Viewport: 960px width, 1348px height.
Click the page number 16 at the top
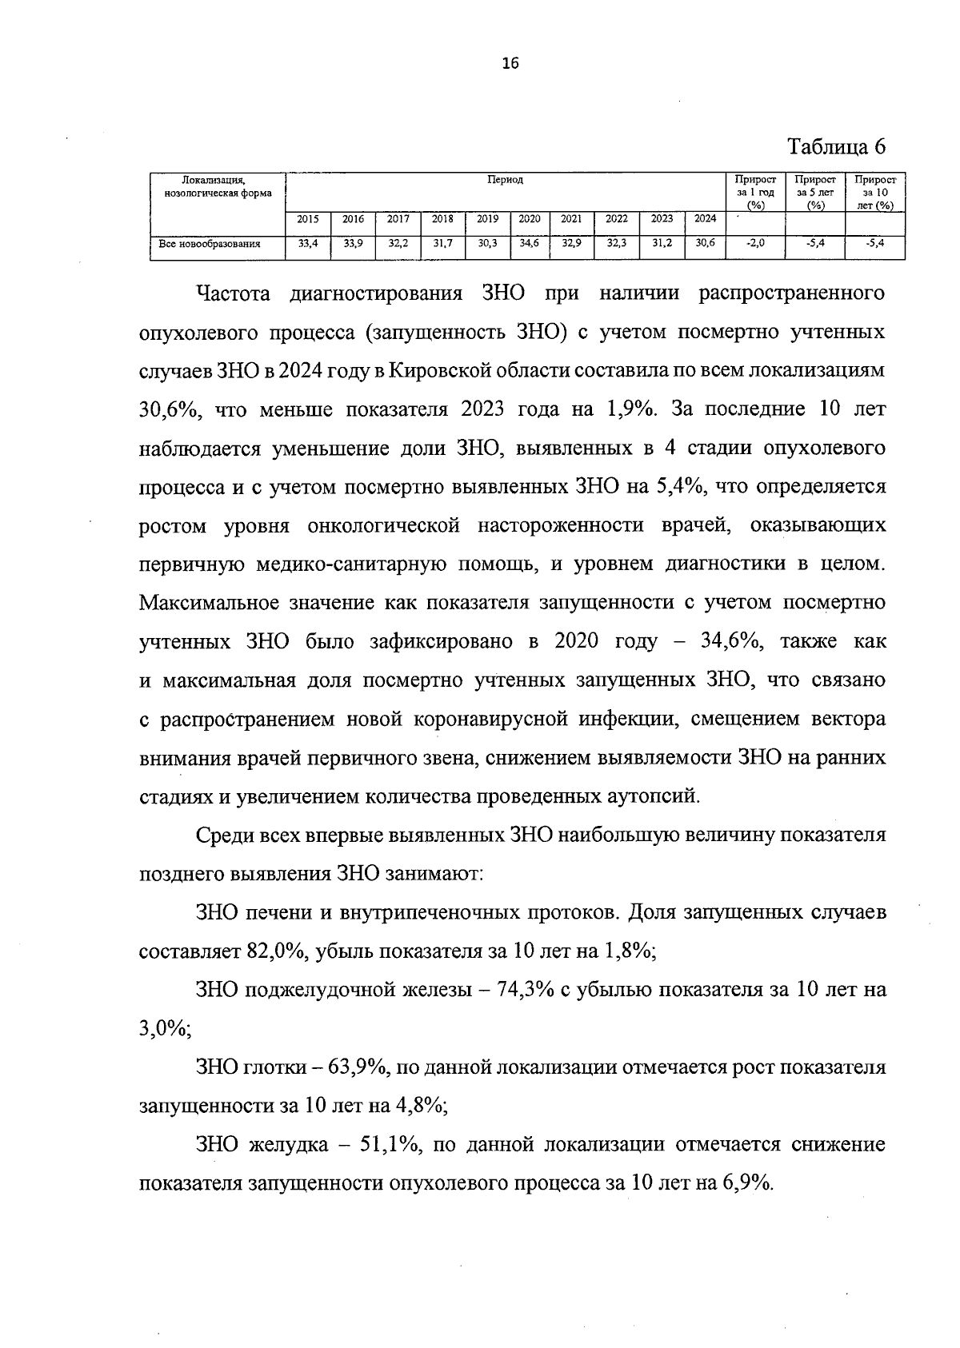pyautogui.click(x=510, y=65)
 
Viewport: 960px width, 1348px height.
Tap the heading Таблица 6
pyautogui.click(x=838, y=148)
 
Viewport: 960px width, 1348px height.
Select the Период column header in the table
pyautogui.click(x=506, y=180)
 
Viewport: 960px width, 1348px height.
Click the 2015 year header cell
pyautogui.click(x=308, y=219)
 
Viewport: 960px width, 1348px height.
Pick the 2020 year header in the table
pyautogui.click(x=529, y=219)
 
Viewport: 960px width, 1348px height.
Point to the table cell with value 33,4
pyautogui.click(x=308, y=245)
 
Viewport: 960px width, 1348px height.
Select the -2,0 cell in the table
pyautogui.click(x=754, y=245)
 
